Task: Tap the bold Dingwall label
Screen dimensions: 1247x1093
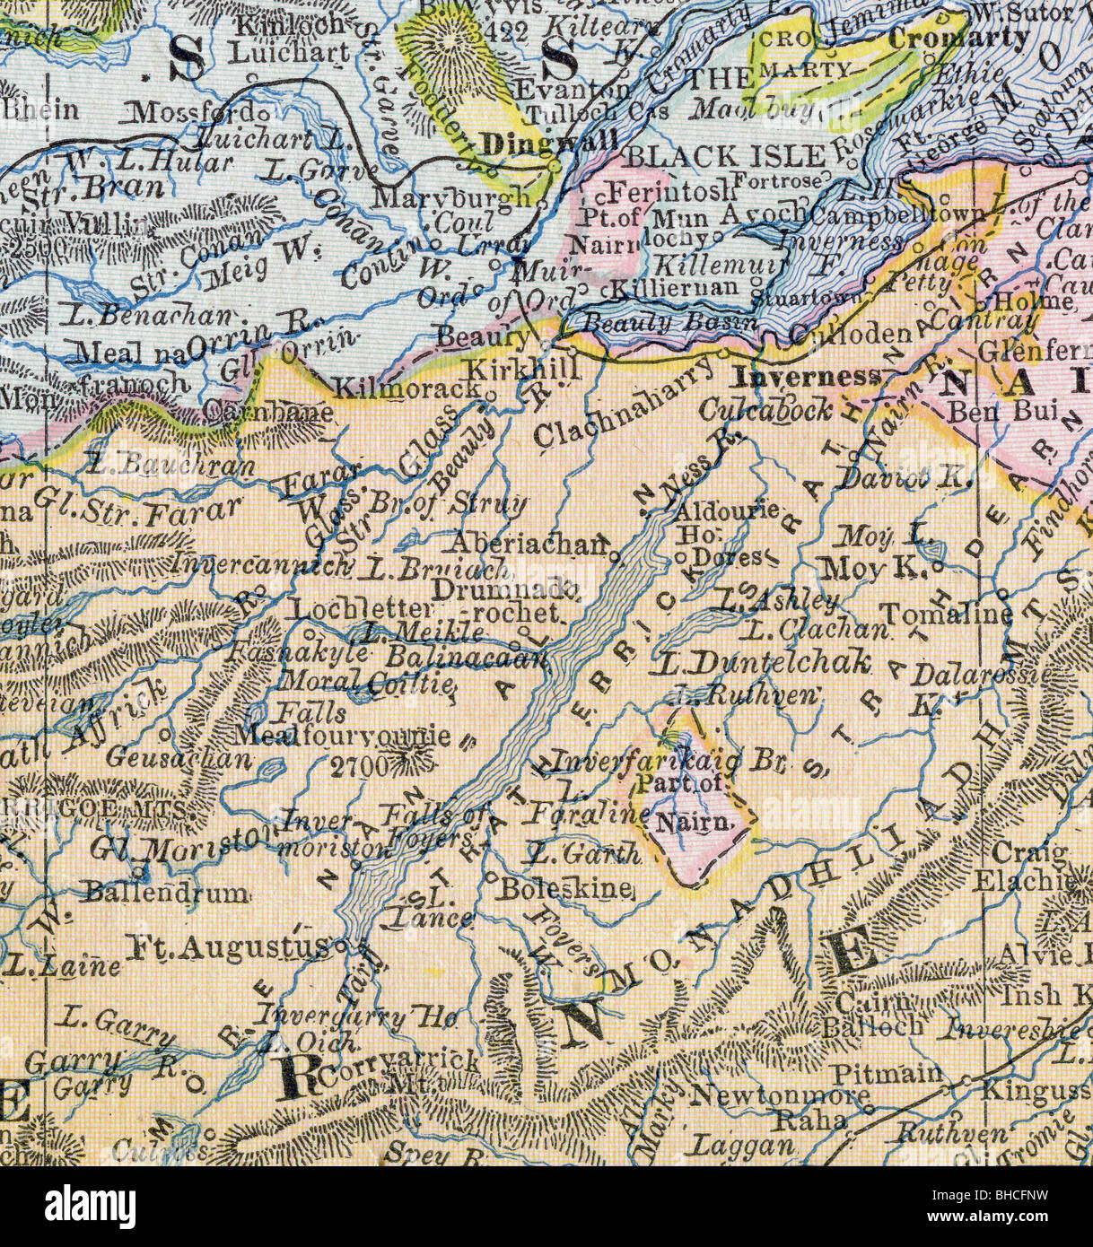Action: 548,143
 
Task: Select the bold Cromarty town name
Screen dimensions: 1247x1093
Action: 958,38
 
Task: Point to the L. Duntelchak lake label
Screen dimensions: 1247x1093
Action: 763,663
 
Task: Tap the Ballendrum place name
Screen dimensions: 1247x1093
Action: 166,893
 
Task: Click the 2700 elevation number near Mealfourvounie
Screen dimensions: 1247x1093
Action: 359,765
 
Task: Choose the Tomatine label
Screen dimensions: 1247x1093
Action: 946,614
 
